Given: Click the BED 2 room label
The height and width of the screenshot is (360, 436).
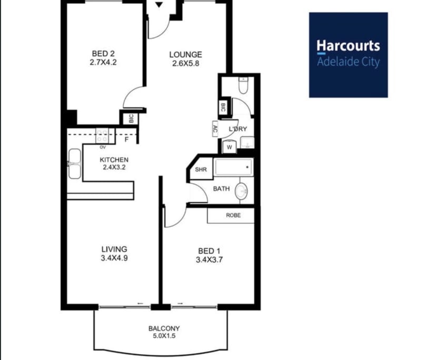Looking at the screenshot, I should tap(103, 54).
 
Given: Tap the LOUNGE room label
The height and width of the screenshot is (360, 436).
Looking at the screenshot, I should tap(185, 54).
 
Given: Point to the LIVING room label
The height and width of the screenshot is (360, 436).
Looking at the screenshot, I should tap(114, 249).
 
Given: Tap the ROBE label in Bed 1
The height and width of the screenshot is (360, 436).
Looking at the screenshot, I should tap(233, 215).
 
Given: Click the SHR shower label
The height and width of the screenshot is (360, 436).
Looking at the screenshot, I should tap(201, 169).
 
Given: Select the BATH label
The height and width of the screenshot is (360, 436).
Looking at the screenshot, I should tap(221, 188).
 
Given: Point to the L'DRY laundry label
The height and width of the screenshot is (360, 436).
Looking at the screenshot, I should tap(237, 129).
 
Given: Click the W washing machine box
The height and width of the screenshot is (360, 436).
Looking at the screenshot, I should tap(230, 147).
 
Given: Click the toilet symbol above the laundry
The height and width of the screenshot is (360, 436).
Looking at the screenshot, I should tap(243, 85).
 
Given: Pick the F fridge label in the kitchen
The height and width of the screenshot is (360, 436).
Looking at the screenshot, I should tap(126, 140).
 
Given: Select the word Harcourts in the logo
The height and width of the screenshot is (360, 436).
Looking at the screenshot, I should tap(348, 46).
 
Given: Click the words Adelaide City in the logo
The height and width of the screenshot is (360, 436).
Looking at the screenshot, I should tap(348, 62).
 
